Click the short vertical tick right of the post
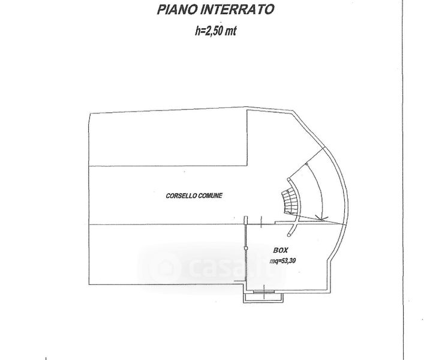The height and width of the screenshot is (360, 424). [x=263, y=221]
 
